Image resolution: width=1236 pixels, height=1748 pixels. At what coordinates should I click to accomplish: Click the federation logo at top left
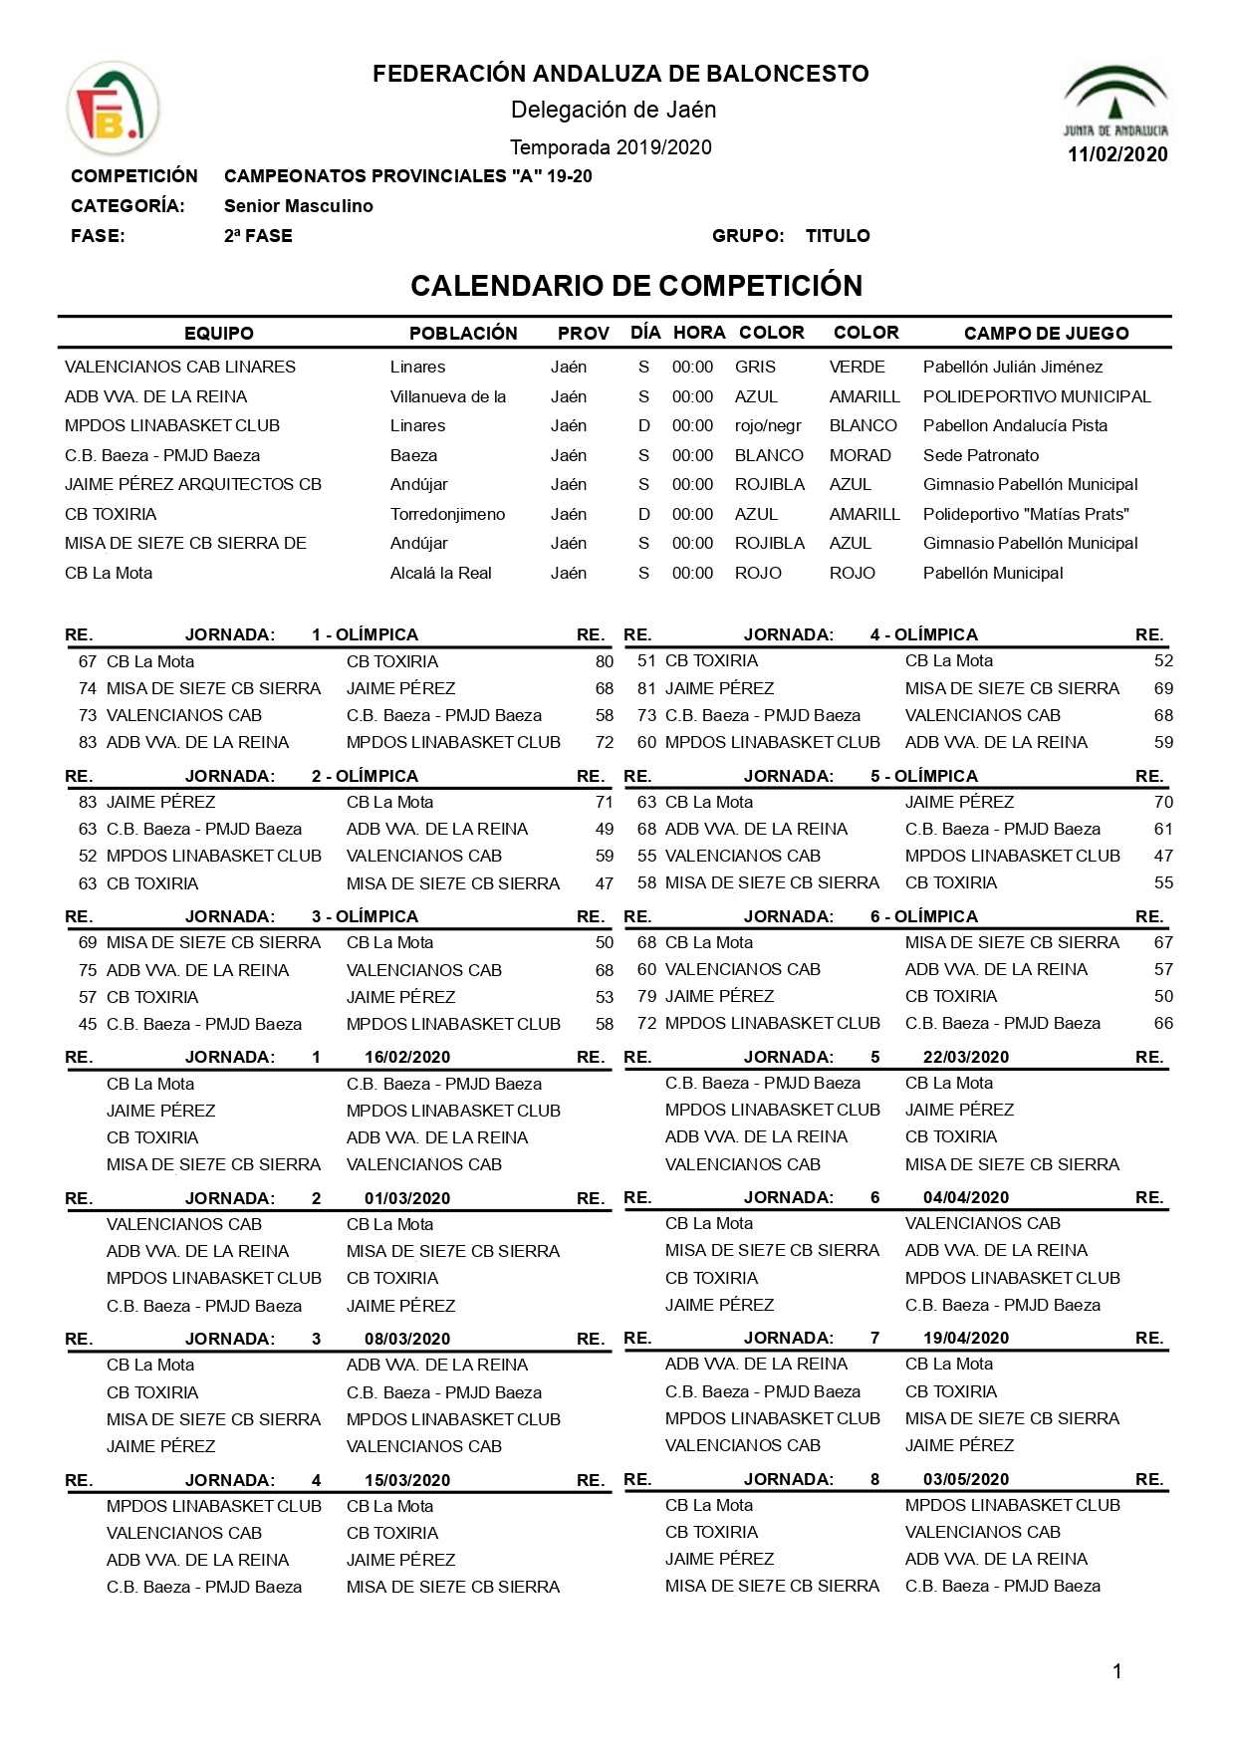tap(112, 109)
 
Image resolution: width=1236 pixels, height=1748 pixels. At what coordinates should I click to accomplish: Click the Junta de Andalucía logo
tap(1115, 101)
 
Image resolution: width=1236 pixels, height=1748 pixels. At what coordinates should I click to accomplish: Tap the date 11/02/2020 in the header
tap(1117, 154)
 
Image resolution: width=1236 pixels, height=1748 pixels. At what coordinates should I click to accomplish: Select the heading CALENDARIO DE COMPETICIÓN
tap(636, 286)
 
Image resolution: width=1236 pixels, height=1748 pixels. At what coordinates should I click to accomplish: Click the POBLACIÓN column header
tap(463, 334)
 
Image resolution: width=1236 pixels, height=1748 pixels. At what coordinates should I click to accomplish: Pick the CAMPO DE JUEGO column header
tap(1046, 334)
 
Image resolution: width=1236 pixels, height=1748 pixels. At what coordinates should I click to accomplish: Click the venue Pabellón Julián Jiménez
tap(1013, 367)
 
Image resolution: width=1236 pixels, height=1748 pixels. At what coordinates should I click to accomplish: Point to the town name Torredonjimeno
tap(447, 514)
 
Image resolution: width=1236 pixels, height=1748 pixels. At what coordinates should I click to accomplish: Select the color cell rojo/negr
tap(768, 425)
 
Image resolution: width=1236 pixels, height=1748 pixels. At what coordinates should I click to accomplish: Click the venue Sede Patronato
tap(980, 455)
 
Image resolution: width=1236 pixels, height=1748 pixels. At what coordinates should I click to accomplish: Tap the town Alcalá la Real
tap(440, 573)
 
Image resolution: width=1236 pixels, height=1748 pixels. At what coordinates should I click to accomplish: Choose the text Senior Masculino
tap(298, 206)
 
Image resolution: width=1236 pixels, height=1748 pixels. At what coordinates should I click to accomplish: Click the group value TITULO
tap(838, 236)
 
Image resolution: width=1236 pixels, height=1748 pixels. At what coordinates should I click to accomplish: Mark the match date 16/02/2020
tap(407, 1057)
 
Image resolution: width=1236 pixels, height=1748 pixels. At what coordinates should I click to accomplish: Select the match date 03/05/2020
tap(966, 1479)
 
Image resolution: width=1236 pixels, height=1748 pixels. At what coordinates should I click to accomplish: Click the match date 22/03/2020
tap(966, 1057)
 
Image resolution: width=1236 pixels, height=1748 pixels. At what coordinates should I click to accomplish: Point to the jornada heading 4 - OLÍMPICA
tap(923, 634)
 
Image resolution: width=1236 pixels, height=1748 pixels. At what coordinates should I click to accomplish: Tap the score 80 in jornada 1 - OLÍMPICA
tap(604, 661)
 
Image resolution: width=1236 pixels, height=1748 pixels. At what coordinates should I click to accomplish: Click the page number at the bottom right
tap(1116, 1671)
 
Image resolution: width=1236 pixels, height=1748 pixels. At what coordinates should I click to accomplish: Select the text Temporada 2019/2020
tap(611, 147)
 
